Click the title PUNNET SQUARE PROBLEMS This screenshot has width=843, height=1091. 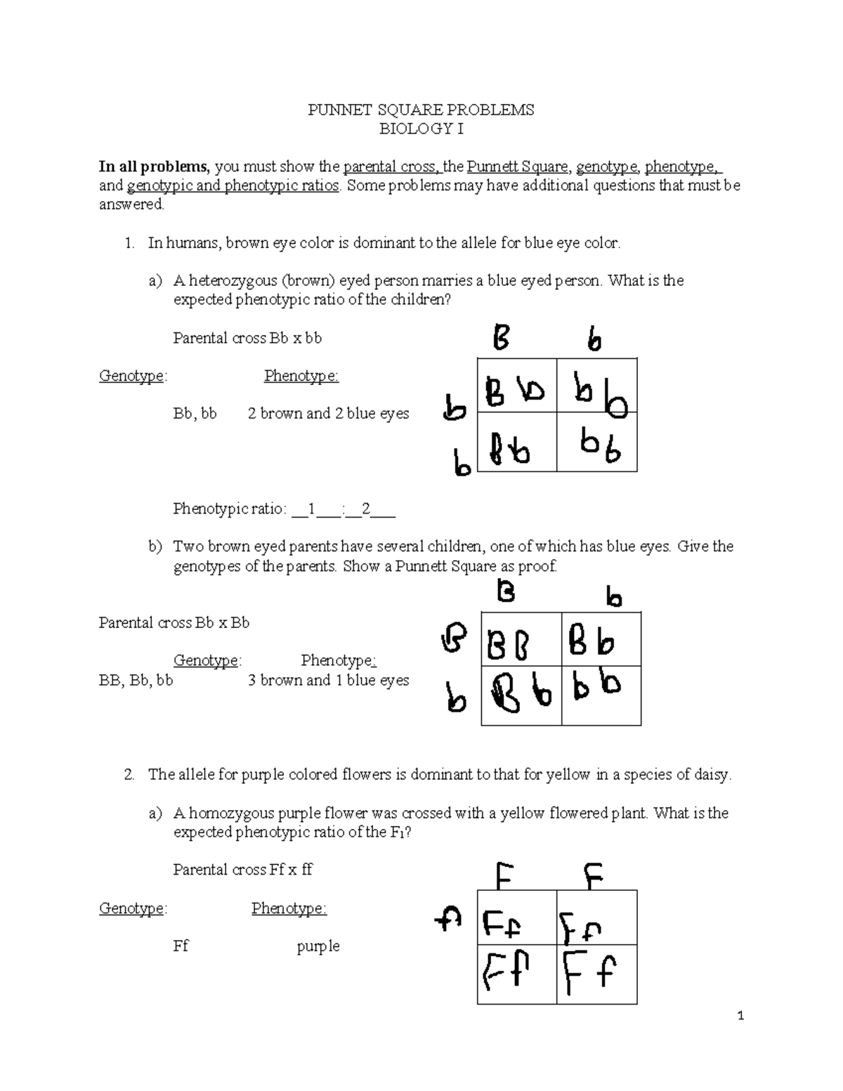pos(421,110)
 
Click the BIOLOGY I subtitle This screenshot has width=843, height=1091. pos(421,129)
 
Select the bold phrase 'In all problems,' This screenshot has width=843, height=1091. pos(154,166)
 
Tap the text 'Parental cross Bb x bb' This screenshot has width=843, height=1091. pos(247,338)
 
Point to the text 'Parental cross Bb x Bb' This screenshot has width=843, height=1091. pos(174,622)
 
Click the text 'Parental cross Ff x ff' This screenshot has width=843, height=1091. pos(242,870)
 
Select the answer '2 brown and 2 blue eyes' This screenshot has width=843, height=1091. pos(328,414)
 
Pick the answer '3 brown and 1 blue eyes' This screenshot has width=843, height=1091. pos(328,680)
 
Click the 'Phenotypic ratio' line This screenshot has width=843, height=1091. pos(284,509)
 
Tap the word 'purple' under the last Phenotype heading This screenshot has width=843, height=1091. pos(318,946)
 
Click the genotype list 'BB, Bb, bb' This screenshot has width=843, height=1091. pos(136,680)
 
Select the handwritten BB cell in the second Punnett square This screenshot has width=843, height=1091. pos(521,640)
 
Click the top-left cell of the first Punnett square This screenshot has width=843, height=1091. pos(517,385)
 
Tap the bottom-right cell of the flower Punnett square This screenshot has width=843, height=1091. pos(596,974)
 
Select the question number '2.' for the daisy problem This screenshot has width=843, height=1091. pos(129,775)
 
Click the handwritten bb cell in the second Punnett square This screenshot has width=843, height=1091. pos(601,694)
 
